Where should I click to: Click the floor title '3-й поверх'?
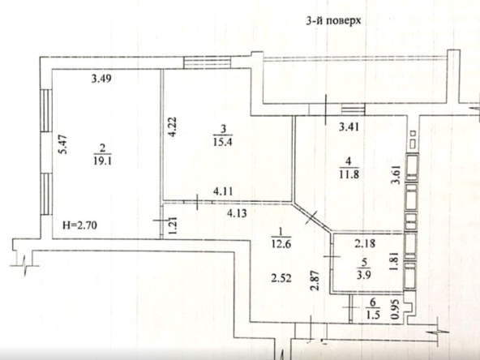[x=334, y=20]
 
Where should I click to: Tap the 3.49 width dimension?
[x=101, y=79]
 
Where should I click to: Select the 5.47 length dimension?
[x=62, y=145]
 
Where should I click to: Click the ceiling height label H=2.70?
[x=79, y=225]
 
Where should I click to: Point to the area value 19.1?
[x=102, y=161]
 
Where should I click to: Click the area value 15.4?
[x=223, y=142]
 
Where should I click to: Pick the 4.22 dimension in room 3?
[x=172, y=126]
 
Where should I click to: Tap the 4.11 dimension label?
[x=223, y=191]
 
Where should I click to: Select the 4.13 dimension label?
[x=237, y=212]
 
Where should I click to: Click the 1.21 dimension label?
[x=173, y=226]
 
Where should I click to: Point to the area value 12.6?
[x=281, y=245]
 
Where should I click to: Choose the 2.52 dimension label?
[x=281, y=279]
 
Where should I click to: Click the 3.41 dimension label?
[x=349, y=126]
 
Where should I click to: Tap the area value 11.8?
[x=349, y=174]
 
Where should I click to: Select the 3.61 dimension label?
[x=396, y=175]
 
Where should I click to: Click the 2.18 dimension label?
[x=365, y=244]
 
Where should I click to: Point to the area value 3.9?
[x=364, y=275]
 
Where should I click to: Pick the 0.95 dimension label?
[x=396, y=309]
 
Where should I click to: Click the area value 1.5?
[x=373, y=315]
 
